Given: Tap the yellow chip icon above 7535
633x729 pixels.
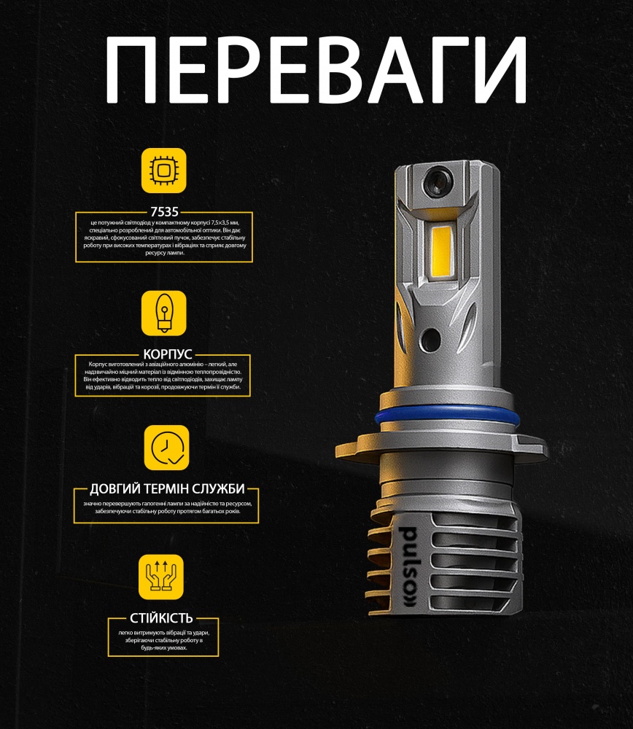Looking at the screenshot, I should (x=163, y=171).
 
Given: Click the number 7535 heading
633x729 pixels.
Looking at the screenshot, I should (x=163, y=212).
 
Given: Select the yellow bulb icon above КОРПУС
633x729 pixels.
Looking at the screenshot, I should (x=163, y=313).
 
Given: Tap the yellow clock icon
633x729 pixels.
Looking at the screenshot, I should (x=166, y=448).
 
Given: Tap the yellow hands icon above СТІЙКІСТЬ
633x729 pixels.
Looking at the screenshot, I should (x=160, y=577).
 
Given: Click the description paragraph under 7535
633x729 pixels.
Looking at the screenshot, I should (x=163, y=238).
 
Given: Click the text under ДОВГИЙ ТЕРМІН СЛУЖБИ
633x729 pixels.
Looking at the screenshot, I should (x=166, y=507).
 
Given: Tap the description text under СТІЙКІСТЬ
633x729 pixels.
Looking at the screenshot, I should (x=161, y=640).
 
